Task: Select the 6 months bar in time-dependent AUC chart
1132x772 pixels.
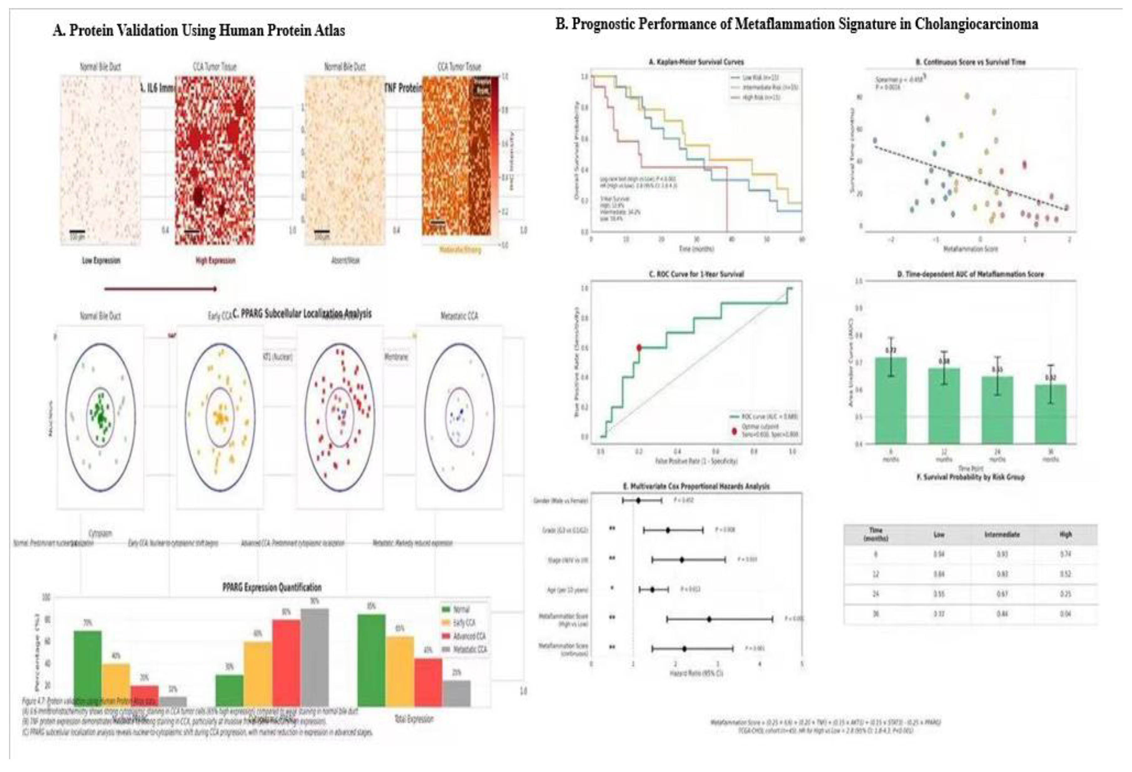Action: pos(890,400)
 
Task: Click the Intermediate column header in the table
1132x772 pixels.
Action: pos(1002,535)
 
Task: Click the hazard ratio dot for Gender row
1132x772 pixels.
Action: pos(638,501)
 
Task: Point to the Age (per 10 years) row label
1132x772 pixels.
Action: pos(568,590)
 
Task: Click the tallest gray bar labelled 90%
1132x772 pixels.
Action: pos(315,656)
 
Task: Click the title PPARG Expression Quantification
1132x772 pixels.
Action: pos(272,587)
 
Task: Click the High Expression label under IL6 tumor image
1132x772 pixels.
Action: pos(215,261)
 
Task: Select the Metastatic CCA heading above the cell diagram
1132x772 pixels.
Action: pos(459,316)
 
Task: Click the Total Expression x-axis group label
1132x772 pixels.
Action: pos(414,719)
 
